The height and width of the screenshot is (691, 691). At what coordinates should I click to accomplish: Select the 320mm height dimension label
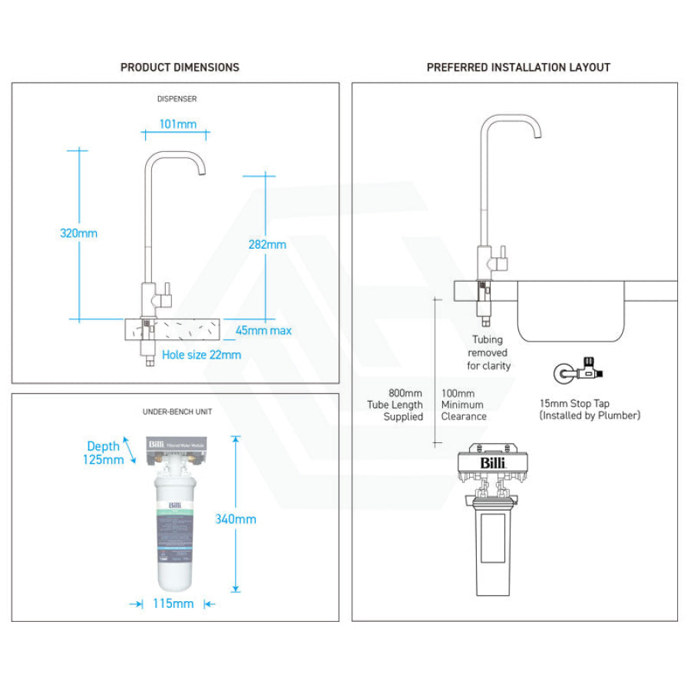pos(79,233)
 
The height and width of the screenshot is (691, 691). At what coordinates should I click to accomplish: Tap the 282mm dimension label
pos(267,244)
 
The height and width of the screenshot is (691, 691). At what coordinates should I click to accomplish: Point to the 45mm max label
pos(263,331)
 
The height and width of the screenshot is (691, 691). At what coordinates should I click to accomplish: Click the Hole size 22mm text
pos(201,355)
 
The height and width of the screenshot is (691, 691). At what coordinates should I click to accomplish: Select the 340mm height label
pos(236,519)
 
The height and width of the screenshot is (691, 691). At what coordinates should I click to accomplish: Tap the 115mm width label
pos(173,603)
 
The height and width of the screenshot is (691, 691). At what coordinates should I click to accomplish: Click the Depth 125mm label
pos(104,453)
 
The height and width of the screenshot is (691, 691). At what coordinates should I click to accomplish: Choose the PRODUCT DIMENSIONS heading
pos(180,68)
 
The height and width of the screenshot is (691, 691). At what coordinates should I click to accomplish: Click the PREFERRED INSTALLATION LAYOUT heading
pos(518,68)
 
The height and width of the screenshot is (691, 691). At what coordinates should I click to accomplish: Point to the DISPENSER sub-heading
pos(177,99)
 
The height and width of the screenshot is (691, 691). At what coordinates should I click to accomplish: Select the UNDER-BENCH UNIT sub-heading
pos(177,412)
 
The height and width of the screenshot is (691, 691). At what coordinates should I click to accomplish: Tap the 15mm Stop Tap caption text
pos(589,409)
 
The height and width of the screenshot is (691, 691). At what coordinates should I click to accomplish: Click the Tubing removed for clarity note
pos(488,352)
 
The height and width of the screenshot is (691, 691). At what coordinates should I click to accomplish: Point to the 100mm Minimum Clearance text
pos(464,405)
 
